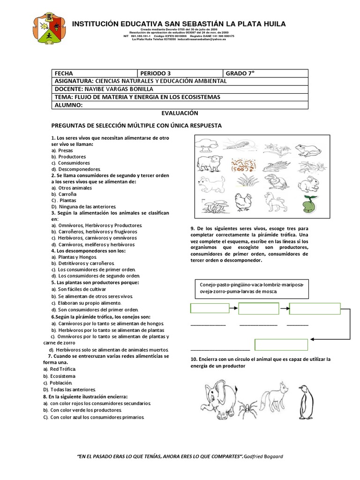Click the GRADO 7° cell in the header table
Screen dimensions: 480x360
point(266,74)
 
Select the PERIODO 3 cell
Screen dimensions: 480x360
point(180,74)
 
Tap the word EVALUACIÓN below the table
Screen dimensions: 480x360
point(180,113)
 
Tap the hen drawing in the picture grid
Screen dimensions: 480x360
point(244,202)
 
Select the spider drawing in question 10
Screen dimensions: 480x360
point(247,409)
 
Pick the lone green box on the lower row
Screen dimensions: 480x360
point(281,345)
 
